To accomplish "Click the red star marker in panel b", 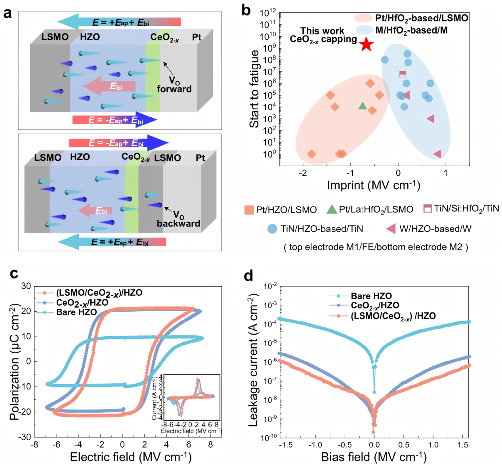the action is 366,44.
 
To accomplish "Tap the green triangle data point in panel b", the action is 363,106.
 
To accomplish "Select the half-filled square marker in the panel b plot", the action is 403,74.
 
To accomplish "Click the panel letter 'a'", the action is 8,13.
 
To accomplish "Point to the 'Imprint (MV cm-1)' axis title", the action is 374,185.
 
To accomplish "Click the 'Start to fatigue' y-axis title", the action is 254,89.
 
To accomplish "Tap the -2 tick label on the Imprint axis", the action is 303,173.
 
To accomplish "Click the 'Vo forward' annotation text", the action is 174,85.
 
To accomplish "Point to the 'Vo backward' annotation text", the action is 178,219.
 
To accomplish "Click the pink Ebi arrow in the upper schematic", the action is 109,86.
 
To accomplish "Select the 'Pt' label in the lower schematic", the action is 200,158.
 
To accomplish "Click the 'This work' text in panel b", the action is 322,31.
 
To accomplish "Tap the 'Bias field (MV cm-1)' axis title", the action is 374,457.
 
